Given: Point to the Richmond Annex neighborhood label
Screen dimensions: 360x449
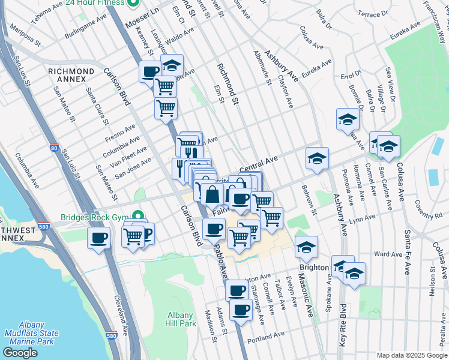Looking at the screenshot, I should pyautogui.click(x=71, y=76).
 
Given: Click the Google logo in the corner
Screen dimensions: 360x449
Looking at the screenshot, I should pyautogui.click(x=20, y=353).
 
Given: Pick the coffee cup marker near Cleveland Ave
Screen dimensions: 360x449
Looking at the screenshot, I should pyautogui.click(x=99, y=238).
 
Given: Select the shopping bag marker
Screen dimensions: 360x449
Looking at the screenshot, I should pyautogui.click(x=212, y=194).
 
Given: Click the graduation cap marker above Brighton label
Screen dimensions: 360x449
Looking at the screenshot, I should pyautogui.click(x=306, y=247).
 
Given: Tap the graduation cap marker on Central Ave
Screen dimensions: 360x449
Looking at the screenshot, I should pyautogui.click(x=317, y=158).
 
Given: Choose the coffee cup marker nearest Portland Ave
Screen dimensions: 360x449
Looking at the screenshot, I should pyautogui.click(x=241, y=310).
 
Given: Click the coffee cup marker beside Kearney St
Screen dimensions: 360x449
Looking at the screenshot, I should pyautogui.click(x=150, y=72).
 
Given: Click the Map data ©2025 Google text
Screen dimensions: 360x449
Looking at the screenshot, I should pyautogui.click(x=411, y=355).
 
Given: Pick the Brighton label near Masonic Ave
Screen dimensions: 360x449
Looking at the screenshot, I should pyautogui.click(x=314, y=267).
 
